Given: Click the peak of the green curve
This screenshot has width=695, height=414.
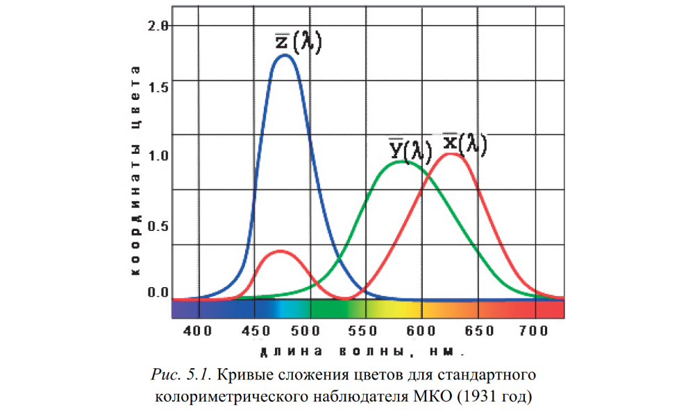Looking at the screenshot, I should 404,162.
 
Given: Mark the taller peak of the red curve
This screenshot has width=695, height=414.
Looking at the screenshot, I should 451,153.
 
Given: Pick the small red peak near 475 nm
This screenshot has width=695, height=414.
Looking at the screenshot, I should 280,251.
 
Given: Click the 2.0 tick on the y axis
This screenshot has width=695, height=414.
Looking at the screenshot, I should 160,26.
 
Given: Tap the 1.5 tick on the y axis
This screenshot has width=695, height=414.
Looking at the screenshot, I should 160,87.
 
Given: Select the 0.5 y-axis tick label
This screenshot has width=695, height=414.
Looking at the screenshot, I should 160,226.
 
